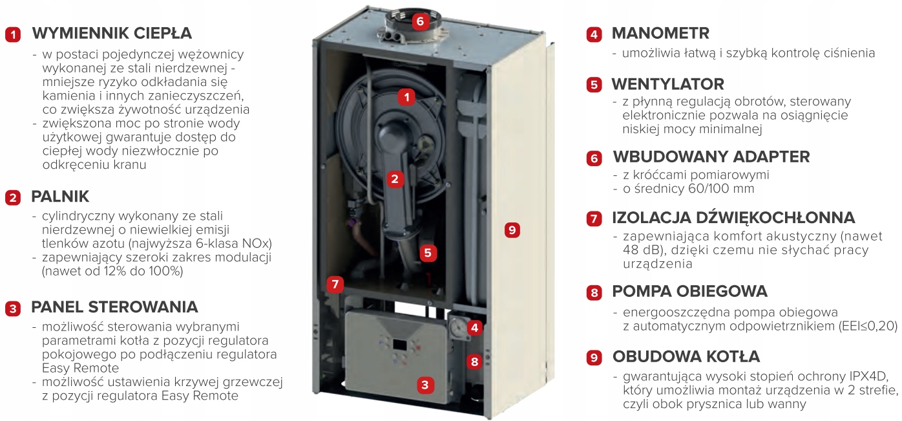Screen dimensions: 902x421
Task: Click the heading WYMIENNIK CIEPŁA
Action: tap(112, 33)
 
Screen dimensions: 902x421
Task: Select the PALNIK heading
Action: tap(60, 197)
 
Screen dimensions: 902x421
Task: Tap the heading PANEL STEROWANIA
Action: tap(114, 307)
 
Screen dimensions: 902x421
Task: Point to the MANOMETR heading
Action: tap(660, 33)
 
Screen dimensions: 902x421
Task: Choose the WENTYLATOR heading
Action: tap(667, 84)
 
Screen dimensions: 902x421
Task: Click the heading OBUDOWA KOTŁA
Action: tap(686, 356)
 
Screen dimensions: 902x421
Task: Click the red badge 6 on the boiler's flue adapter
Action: tap(420, 21)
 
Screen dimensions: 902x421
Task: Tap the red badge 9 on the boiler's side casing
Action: tap(512, 230)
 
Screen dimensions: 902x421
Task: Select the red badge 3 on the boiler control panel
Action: tap(425, 385)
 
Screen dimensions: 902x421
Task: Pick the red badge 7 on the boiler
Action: tap(335, 285)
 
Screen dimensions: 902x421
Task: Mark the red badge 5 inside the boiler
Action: tap(428, 253)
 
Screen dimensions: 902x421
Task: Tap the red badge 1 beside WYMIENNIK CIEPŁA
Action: tap(13, 34)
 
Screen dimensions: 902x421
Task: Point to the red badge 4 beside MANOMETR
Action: tap(594, 34)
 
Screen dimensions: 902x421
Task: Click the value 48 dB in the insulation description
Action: tap(640, 250)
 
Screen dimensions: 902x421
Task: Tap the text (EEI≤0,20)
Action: tap(868, 326)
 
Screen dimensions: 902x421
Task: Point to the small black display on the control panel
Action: tap(399, 345)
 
